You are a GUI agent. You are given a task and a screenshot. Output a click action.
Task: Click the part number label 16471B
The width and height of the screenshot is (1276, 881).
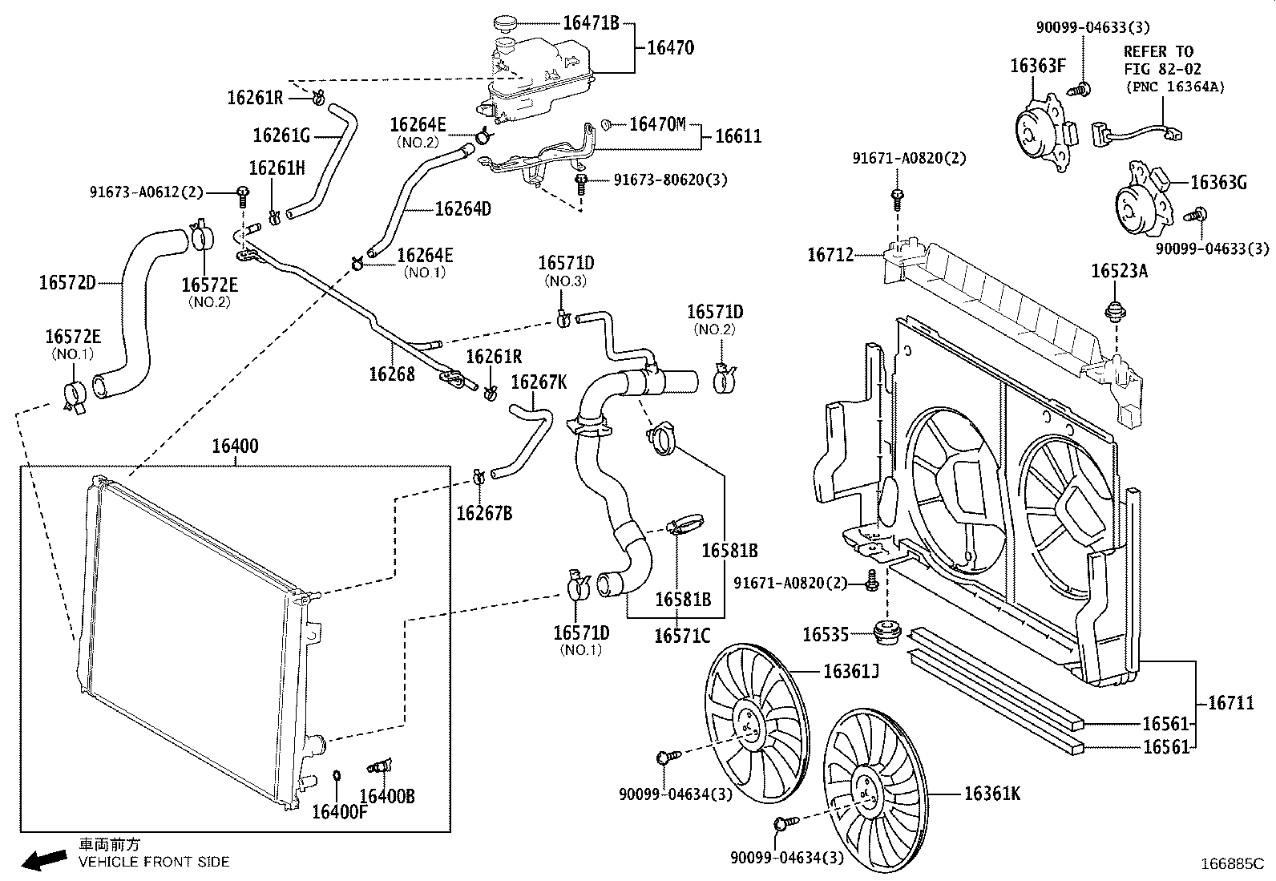tap(591, 22)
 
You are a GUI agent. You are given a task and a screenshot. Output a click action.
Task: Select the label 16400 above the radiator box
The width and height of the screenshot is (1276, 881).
tap(235, 447)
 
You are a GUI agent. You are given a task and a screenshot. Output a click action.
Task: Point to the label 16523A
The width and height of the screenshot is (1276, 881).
tap(1119, 271)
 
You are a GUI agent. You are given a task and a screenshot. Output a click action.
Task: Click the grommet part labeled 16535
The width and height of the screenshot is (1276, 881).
tap(886, 632)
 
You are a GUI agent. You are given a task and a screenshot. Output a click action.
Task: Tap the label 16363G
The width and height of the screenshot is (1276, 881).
tap(1218, 183)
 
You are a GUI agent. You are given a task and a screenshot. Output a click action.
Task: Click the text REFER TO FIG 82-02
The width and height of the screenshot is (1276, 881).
tap(1158, 61)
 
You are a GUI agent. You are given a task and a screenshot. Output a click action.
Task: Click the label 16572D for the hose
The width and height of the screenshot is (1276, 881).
tap(67, 282)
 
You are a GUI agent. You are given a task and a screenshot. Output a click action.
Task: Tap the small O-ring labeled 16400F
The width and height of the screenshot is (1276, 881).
tap(337, 775)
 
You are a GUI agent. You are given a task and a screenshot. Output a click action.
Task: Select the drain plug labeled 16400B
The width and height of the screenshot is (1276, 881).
tap(377, 767)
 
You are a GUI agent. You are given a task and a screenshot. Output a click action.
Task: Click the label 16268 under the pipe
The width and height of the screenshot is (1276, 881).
tap(392, 374)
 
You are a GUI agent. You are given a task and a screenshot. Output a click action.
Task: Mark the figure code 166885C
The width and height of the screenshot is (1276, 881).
tap(1230, 863)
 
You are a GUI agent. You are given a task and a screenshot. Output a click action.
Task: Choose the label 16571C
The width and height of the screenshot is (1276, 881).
tap(682, 637)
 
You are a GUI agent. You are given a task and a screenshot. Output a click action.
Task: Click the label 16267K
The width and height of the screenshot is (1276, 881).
tap(539, 382)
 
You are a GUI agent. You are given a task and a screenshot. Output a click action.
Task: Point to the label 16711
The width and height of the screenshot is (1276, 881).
tap(1230, 703)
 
